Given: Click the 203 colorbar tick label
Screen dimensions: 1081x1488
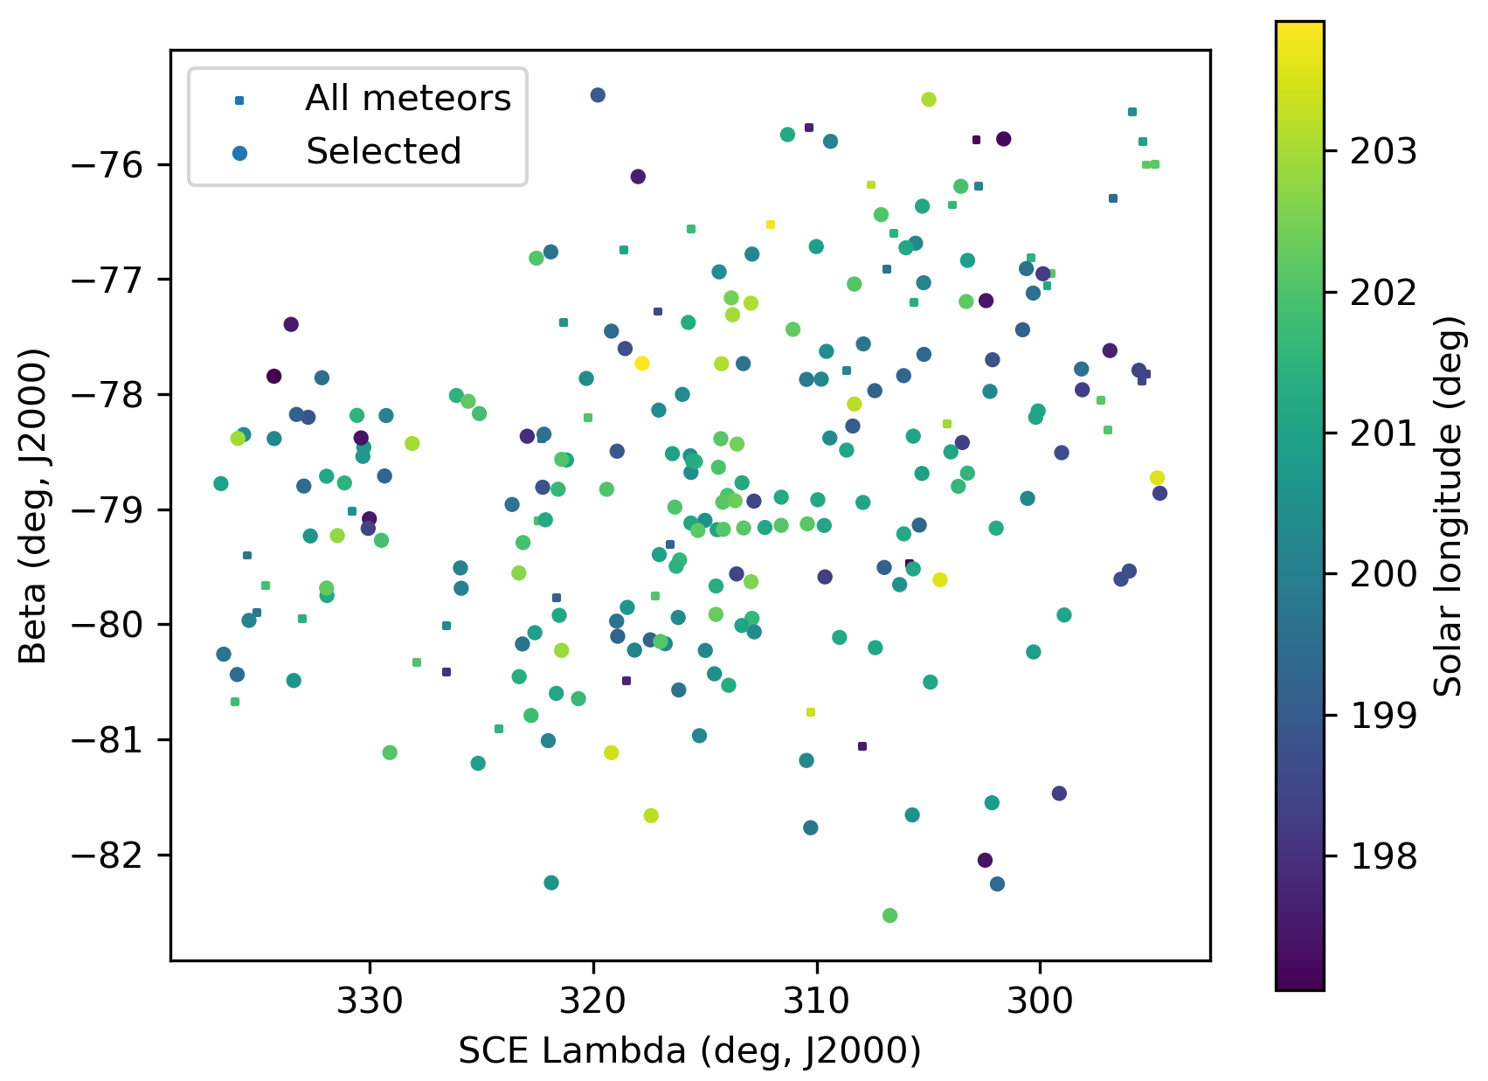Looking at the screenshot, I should pos(1382,151).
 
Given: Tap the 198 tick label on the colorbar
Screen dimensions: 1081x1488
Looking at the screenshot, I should pos(1382,857).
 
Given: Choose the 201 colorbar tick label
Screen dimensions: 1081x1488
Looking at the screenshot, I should pos(1382,433).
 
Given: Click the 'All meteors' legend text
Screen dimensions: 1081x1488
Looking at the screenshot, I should pos(407,99).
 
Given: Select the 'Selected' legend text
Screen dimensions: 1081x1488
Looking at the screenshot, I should pos(383,152).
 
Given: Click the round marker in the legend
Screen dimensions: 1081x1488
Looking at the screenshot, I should pos(240,153).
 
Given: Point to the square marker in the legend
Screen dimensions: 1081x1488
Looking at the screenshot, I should pos(239,100).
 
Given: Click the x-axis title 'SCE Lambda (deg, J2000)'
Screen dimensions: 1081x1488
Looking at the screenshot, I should pos(689,1051).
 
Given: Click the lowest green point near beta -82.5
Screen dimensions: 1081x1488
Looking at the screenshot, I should pos(889,915).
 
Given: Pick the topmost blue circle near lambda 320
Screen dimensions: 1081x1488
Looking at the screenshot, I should pos(598,95).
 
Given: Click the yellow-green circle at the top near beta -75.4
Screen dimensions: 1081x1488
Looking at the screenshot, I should pos(929,100).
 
